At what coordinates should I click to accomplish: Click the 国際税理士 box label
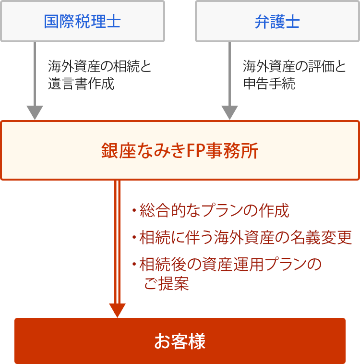[82, 21]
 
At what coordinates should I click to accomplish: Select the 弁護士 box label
[277, 22]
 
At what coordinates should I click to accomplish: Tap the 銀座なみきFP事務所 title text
[180, 151]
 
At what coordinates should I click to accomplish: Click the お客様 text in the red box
[180, 341]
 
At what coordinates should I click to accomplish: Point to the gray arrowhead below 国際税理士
[35, 112]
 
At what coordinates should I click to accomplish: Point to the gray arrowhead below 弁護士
[229, 112]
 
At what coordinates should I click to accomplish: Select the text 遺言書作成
[81, 84]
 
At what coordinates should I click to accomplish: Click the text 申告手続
[269, 84]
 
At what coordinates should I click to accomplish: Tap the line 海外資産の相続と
[99, 66]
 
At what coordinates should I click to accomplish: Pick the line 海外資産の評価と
[294, 66]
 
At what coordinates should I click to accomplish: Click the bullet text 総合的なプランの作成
[214, 210]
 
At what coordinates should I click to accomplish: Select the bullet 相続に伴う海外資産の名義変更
[246, 238]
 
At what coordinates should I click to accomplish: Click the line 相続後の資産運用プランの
[230, 264]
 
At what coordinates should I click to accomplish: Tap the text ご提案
[167, 283]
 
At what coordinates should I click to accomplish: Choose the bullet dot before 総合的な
[134, 210]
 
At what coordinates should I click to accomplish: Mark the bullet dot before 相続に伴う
[134, 237]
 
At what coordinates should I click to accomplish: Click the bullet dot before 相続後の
[134, 264]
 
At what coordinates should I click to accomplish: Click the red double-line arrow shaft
[118, 242]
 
